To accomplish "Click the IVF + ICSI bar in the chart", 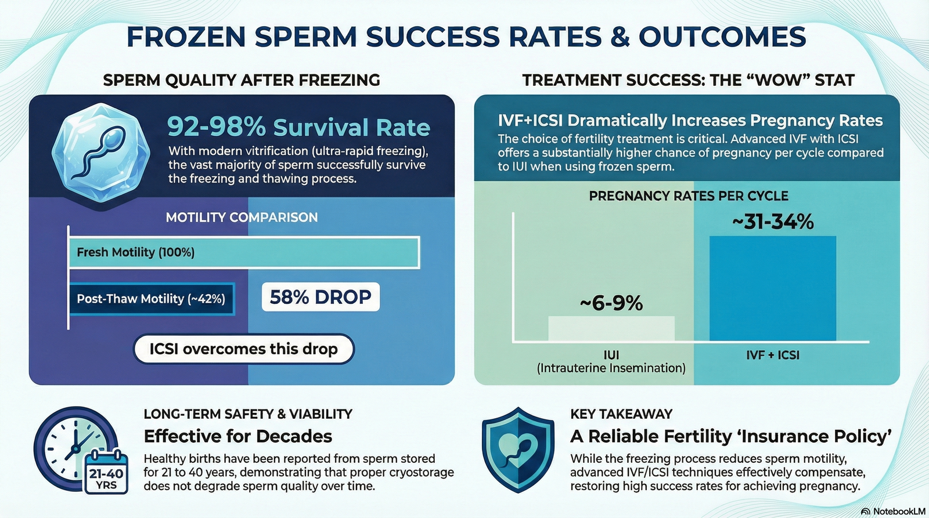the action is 773,288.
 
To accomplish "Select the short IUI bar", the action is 611,329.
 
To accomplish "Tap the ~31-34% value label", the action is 773,222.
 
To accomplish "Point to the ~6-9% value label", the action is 611,303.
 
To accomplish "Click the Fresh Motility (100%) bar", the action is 244,252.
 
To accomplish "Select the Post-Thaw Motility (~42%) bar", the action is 152,299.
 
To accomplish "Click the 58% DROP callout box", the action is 321,297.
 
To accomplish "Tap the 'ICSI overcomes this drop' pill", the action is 243,349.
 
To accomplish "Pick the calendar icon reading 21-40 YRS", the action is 106,472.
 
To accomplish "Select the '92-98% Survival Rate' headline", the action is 298,127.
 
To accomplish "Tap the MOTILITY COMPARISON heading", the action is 242,217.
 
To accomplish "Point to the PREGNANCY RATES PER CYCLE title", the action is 689,195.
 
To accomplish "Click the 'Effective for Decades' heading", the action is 238,436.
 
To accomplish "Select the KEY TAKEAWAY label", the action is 621,414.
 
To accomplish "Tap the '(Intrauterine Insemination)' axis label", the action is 611,368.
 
